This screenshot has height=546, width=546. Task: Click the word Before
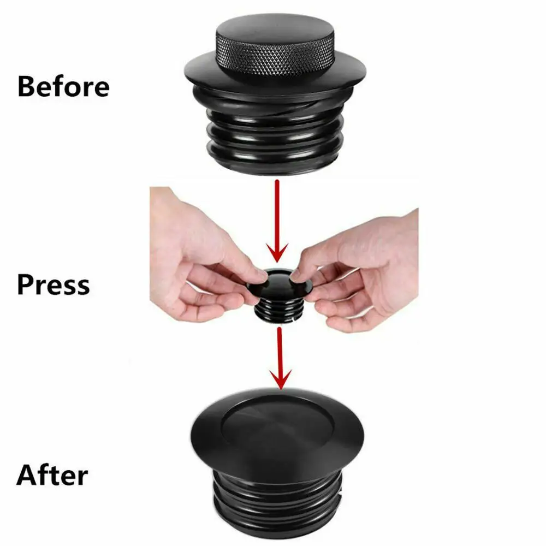coord(63,86)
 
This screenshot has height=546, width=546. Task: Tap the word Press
coord(53,285)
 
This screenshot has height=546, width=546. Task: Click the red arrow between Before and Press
coord(278,218)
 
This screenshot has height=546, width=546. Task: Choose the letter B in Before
coord(26,86)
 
